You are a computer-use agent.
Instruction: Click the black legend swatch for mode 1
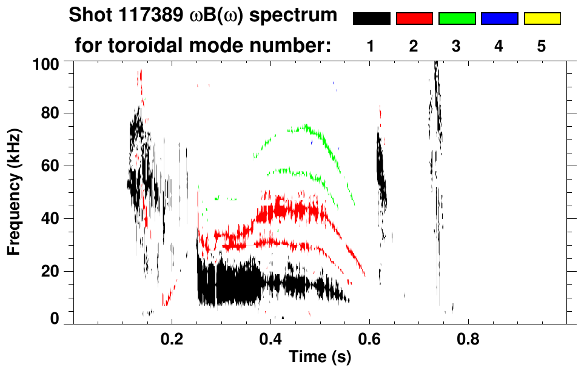(x=371, y=19)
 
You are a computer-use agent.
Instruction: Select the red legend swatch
(x=414, y=19)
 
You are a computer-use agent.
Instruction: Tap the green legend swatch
(x=457, y=19)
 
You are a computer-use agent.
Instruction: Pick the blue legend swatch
(x=499, y=19)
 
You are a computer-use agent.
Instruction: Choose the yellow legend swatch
(x=542, y=19)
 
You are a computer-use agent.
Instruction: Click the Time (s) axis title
(x=320, y=357)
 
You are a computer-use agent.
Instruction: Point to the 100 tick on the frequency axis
(x=46, y=63)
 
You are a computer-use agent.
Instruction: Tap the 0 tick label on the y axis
(x=54, y=319)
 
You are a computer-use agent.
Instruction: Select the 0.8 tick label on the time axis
(x=468, y=338)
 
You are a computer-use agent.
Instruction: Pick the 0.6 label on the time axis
(x=369, y=338)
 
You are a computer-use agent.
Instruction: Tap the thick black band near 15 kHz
(x=230, y=282)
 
